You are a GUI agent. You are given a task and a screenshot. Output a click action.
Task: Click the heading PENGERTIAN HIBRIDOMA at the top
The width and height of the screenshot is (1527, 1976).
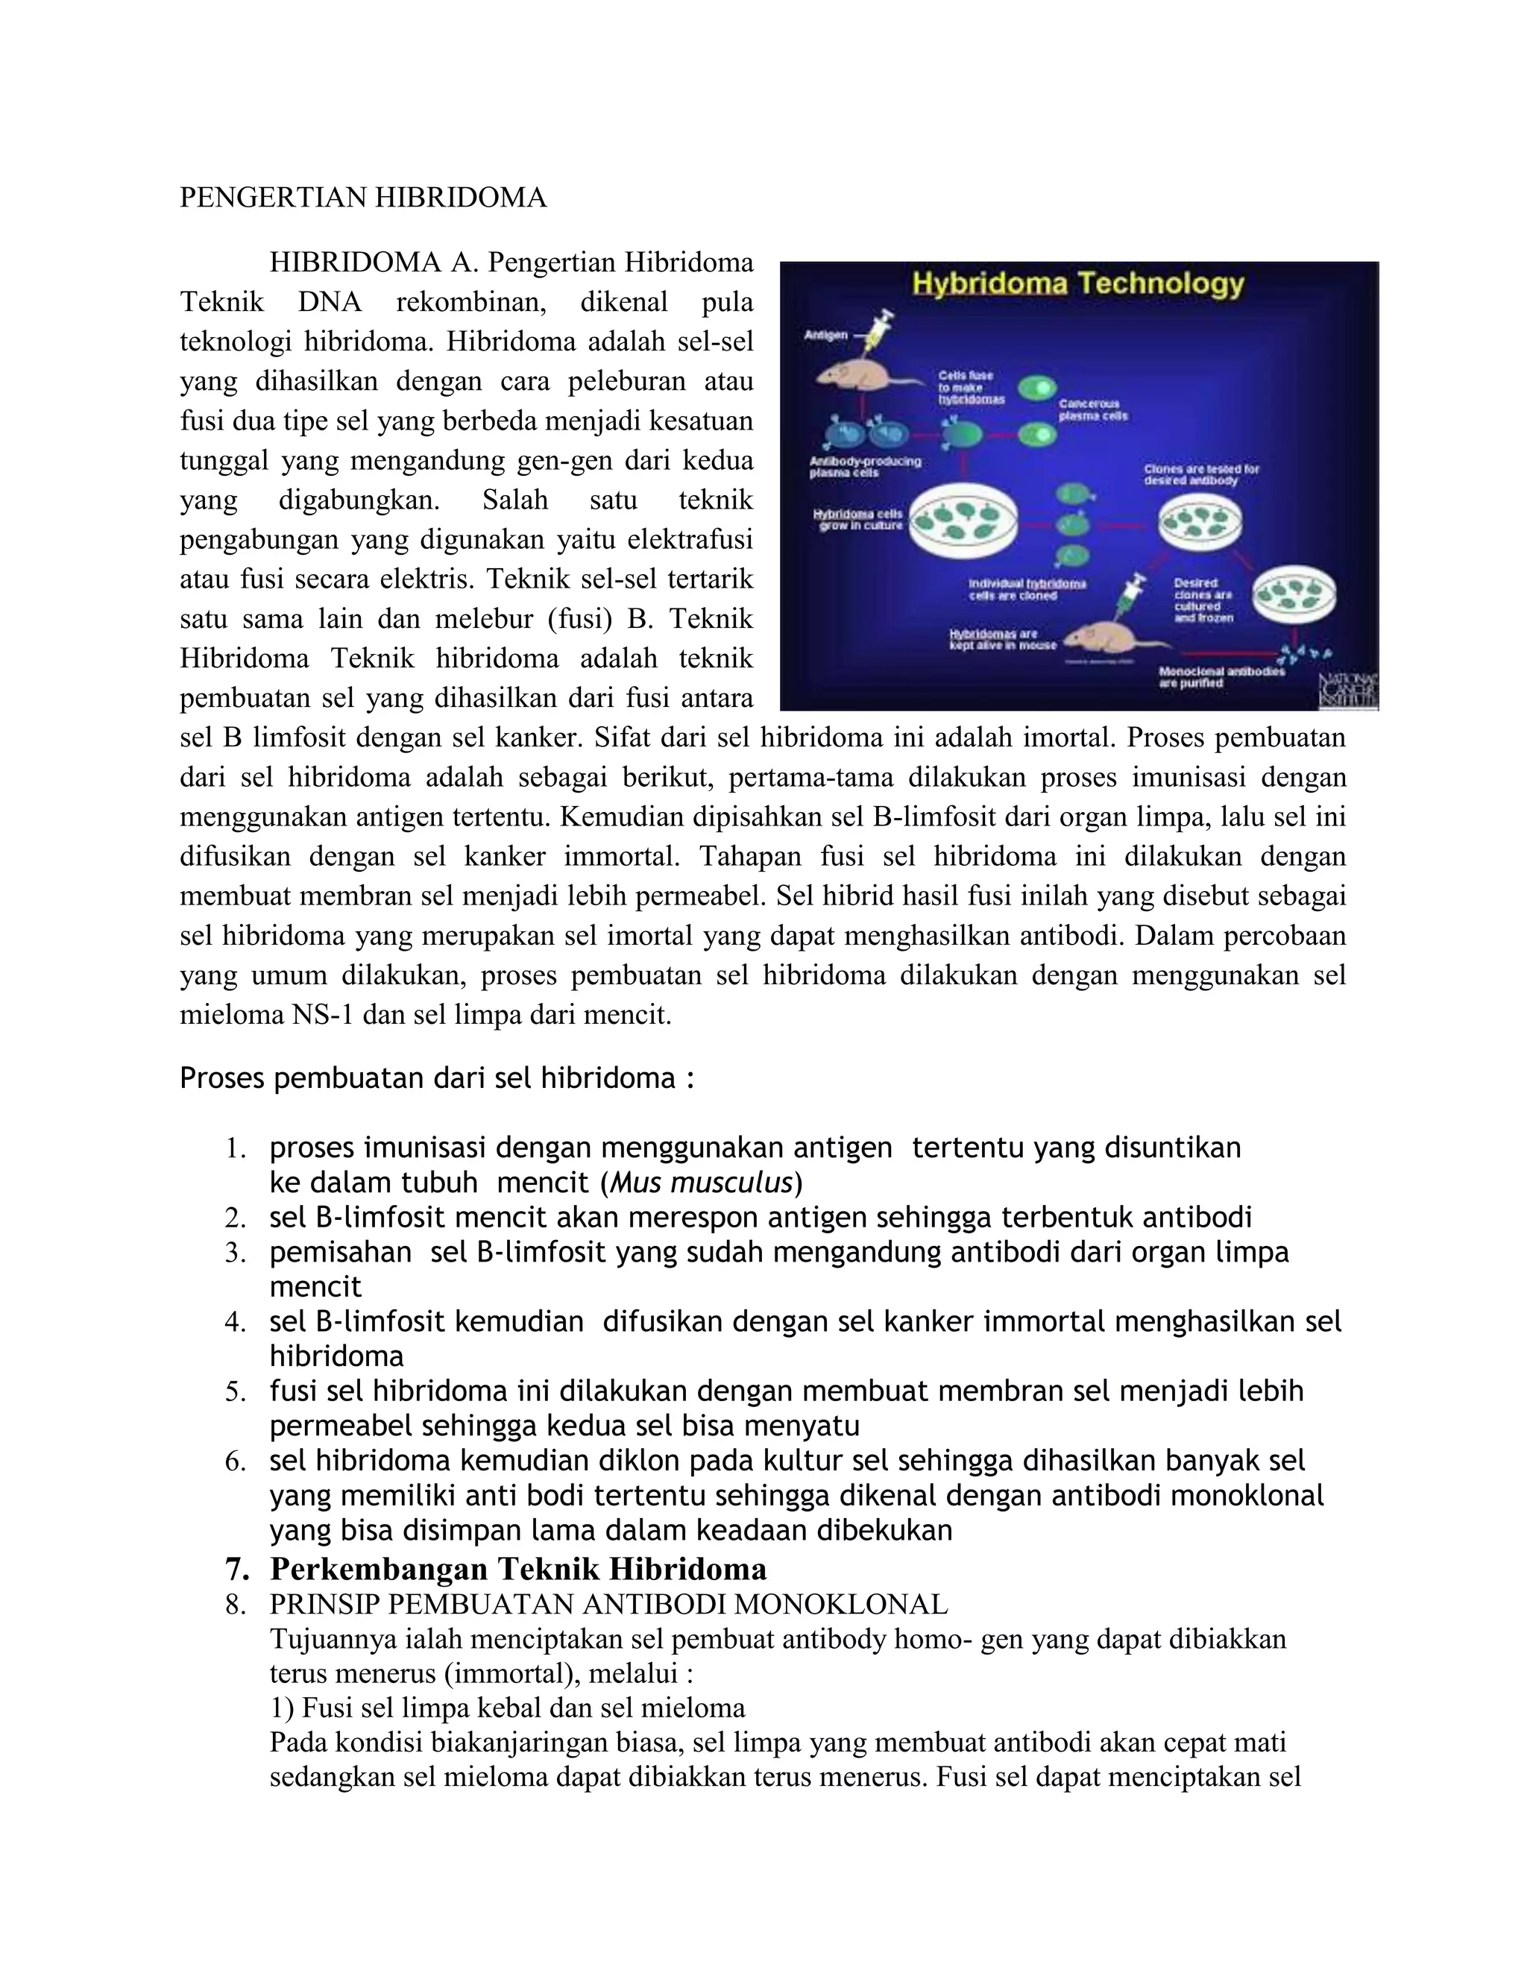coord(363,198)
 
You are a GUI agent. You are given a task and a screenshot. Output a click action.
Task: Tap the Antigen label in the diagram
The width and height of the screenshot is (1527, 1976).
coord(826,335)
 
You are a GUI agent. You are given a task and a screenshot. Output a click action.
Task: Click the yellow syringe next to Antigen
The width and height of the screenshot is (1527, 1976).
coord(875,330)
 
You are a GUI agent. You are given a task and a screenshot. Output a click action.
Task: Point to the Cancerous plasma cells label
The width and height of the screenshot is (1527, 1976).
coord(1093,410)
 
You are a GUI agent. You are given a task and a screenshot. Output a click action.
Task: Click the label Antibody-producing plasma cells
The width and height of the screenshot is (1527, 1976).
coord(864,466)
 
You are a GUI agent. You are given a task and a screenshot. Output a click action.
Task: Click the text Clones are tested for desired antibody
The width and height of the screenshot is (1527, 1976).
coord(1201,474)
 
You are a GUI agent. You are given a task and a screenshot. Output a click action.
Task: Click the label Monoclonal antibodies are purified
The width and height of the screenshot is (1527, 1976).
coord(1221,677)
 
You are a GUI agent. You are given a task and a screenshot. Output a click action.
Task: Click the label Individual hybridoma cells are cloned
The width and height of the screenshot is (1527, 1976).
coord(1027,589)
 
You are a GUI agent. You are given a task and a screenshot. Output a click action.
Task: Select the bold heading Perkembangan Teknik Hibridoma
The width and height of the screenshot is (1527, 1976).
coord(517,1567)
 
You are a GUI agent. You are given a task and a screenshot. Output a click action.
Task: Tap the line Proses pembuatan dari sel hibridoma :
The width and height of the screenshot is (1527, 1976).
coord(437,1078)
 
